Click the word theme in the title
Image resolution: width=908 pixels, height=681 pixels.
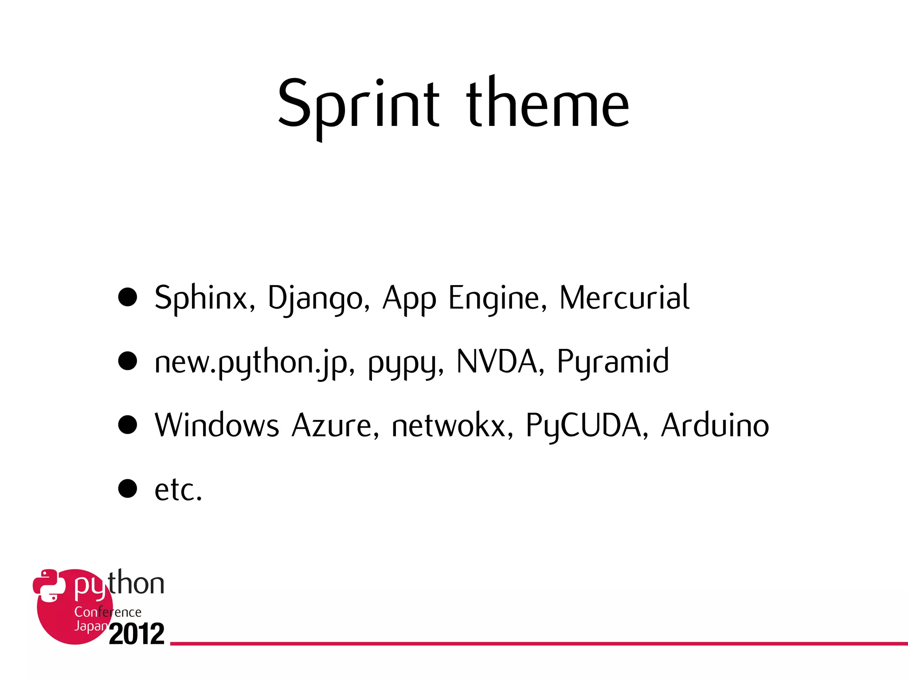pos(548,104)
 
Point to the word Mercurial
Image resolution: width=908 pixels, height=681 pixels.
pos(624,298)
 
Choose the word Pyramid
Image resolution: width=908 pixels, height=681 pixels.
pos(613,362)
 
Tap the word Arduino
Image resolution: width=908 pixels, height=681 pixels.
pos(715,426)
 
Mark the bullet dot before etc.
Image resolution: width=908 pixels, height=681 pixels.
pos(128,489)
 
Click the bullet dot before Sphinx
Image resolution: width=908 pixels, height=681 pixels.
pos(128,297)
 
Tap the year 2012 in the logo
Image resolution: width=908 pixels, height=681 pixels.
pos(137,634)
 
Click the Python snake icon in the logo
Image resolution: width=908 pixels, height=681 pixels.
pos(49,585)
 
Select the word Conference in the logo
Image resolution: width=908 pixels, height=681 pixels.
pos(108,612)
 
